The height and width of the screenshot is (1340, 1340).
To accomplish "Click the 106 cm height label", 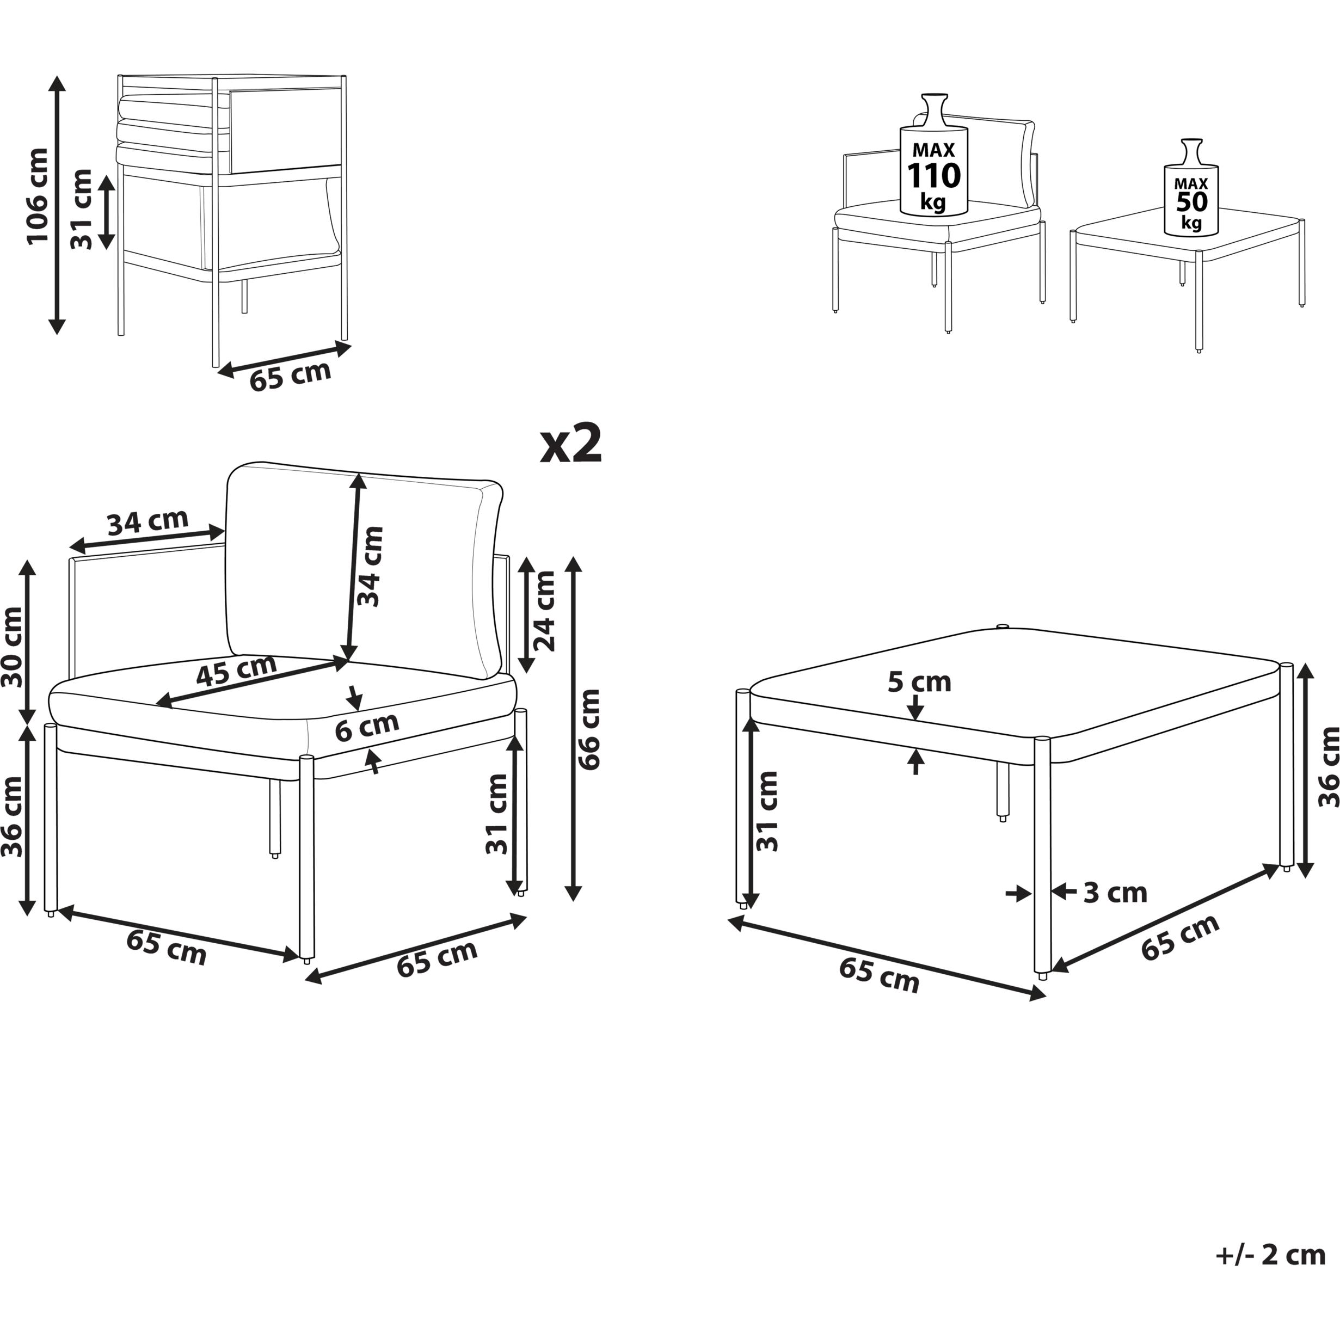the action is tap(38, 196).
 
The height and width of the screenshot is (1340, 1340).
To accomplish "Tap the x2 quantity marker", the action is tap(571, 444).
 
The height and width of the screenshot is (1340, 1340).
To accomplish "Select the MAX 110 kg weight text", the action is tap(933, 177).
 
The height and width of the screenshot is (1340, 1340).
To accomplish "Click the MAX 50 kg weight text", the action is tap(1191, 203).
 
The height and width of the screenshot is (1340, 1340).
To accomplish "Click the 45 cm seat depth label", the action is tap(237, 670).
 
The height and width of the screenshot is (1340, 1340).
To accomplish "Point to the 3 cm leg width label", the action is tap(1115, 893).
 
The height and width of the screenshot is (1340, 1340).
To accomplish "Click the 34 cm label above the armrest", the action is tap(147, 521).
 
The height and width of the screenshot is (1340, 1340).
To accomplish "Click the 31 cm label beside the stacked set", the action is tap(81, 209).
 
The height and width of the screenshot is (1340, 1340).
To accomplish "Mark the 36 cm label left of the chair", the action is tap(13, 817).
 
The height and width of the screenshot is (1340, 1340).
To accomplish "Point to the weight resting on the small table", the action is tap(1191, 187).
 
